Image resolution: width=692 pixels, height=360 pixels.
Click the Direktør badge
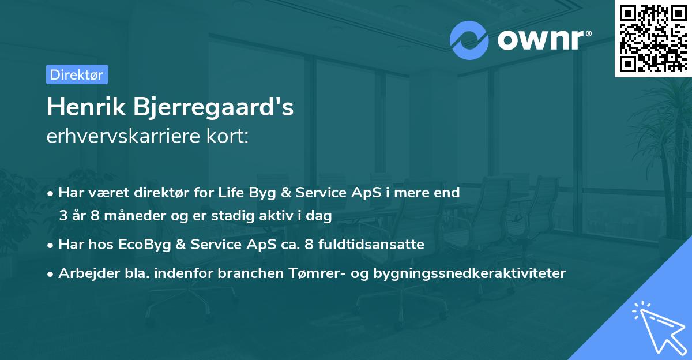tap(77, 74)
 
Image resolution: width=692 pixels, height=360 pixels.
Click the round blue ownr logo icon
tap(469, 40)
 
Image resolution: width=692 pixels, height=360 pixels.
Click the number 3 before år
tap(63, 216)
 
